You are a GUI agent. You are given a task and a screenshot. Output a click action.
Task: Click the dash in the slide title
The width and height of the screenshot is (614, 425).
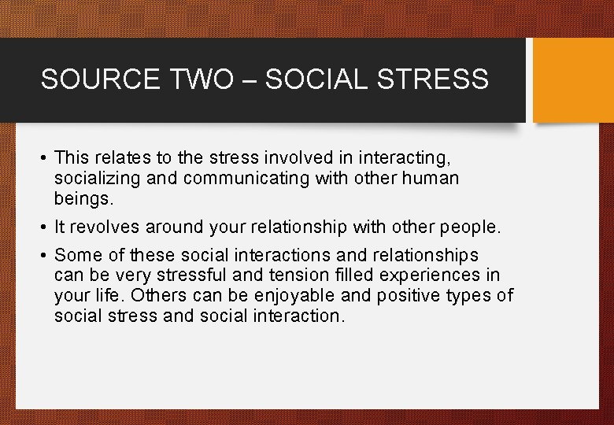coord(253,80)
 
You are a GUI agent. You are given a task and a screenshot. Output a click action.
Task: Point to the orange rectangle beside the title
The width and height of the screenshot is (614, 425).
coord(573,80)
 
